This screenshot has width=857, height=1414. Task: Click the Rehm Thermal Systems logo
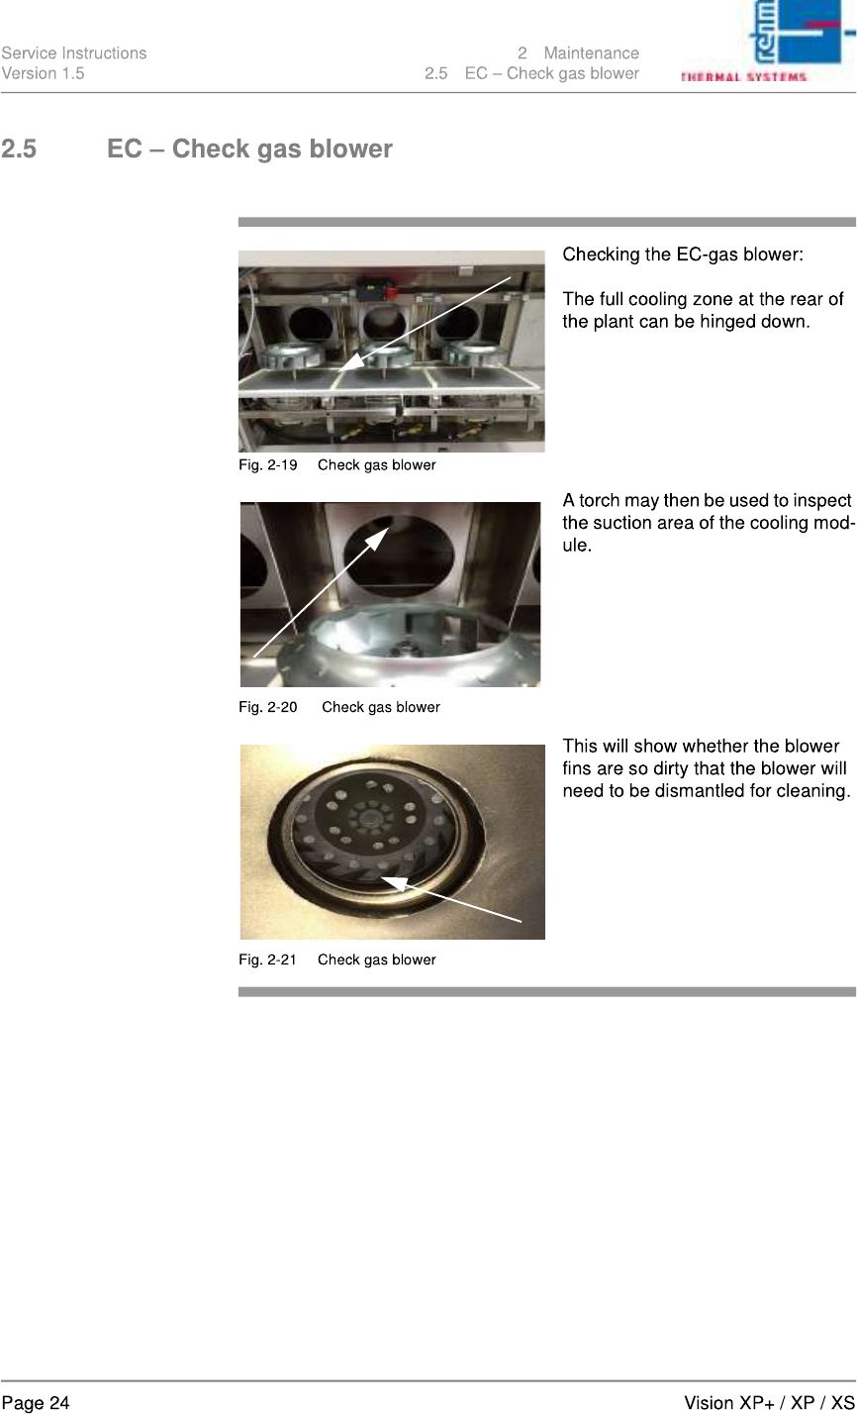[x=768, y=41]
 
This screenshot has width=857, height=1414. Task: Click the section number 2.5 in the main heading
[x=19, y=149]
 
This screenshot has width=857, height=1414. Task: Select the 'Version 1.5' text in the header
[x=43, y=73]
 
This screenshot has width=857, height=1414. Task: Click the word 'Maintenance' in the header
[x=592, y=53]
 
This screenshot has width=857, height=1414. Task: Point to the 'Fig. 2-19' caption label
[x=267, y=465]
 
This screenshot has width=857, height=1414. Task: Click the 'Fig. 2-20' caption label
[x=267, y=708]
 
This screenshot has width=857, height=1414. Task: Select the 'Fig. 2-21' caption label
[x=267, y=960]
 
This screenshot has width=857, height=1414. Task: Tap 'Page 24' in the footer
[x=36, y=1403]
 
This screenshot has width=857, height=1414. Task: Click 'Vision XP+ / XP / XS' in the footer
[x=769, y=1403]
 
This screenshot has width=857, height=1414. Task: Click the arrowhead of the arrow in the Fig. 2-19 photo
[x=349, y=362]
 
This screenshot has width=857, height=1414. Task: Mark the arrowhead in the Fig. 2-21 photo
[x=393, y=882]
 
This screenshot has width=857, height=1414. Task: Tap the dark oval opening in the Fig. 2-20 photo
[x=398, y=555]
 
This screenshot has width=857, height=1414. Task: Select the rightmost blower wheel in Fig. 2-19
[x=473, y=353]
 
